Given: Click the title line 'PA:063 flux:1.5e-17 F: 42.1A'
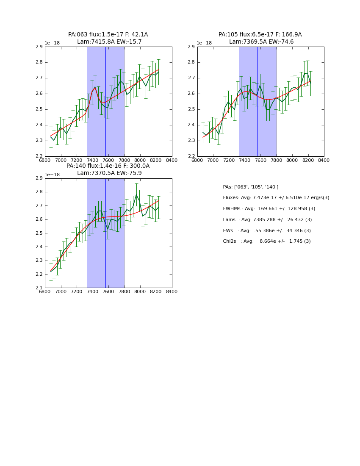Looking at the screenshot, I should pos(108,35).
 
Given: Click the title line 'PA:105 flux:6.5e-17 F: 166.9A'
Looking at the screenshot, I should pos(260,35).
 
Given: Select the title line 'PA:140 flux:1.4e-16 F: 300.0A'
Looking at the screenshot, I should pos(108,166).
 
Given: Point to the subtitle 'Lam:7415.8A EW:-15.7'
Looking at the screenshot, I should pos(109,42).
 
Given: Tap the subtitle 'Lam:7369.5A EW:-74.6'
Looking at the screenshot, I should pos(261,42).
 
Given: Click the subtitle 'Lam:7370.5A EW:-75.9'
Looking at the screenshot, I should pos(109,173).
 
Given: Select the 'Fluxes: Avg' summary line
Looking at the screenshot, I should pos(276,198).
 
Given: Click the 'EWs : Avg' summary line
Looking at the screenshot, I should pos(266,231).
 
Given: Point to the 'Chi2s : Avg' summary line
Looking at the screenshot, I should pos(266,241).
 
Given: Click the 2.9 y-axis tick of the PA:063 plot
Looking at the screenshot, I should pos(39,47).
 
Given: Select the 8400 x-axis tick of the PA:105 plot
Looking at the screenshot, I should pos(324,160).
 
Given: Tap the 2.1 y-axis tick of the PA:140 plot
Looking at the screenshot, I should pos(39,288).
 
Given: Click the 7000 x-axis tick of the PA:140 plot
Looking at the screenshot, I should pos(61,291).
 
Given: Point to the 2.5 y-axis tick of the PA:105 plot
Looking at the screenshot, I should pos(191,109).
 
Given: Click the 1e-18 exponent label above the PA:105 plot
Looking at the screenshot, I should pos(204,43).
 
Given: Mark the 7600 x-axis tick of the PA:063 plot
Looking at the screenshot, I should pos(108,160).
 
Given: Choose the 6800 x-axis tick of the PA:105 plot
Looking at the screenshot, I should pos(197,160).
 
